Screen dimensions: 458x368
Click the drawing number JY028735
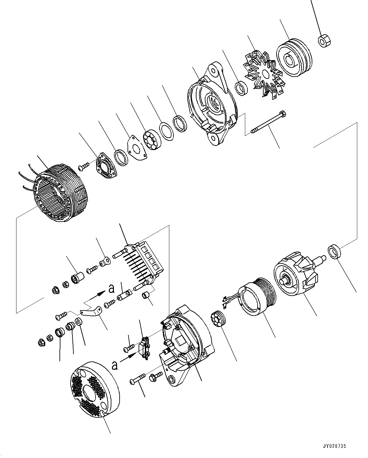pyautogui.click(x=334, y=446)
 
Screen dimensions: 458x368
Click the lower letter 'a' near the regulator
pyautogui.click(x=115, y=366)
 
